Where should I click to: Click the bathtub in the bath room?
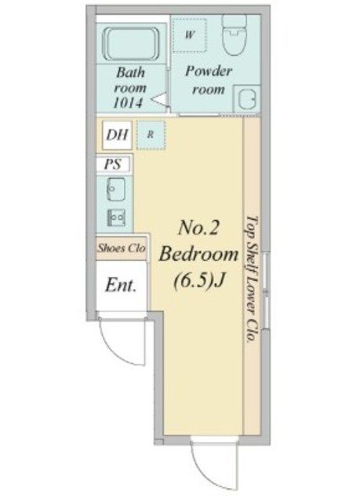[130, 44]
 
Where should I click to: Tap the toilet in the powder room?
[234, 35]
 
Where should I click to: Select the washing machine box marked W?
[190, 35]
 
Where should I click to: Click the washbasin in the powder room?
[247, 98]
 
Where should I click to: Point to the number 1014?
[128, 103]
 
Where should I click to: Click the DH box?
[117, 135]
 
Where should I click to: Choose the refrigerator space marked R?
[151, 135]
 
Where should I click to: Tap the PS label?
[113, 164]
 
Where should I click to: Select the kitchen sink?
[115, 190]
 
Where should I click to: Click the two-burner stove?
[116, 218]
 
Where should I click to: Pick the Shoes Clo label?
[122, 248]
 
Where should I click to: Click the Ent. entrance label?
[121, 285]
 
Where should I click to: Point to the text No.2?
[198, 228]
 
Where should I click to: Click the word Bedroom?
[198, 255]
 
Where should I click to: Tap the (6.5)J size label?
[198, 282]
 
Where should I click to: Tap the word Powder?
[209, 71]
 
